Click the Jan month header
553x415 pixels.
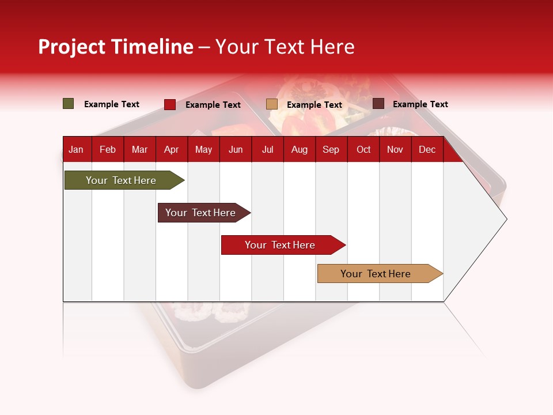tap(76, 150)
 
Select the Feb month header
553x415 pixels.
tap(108, 150)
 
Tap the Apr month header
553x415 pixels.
tap(172, 150)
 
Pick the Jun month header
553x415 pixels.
tap(236, 150)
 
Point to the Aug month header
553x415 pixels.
tap(300, 150)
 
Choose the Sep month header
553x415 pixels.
tap(331, 150)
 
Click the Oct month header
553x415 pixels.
tap(363, 150)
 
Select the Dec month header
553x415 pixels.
tap(427, 150)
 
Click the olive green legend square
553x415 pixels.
tap(69, 104)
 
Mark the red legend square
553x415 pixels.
tap(170, 104)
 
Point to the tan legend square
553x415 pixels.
tap(272, 104)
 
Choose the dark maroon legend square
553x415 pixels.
tap(378, 104)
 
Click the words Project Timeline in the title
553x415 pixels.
tap(116, 47)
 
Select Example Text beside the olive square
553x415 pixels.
tap(112, 104)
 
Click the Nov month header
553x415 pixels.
tap(395, 150)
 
